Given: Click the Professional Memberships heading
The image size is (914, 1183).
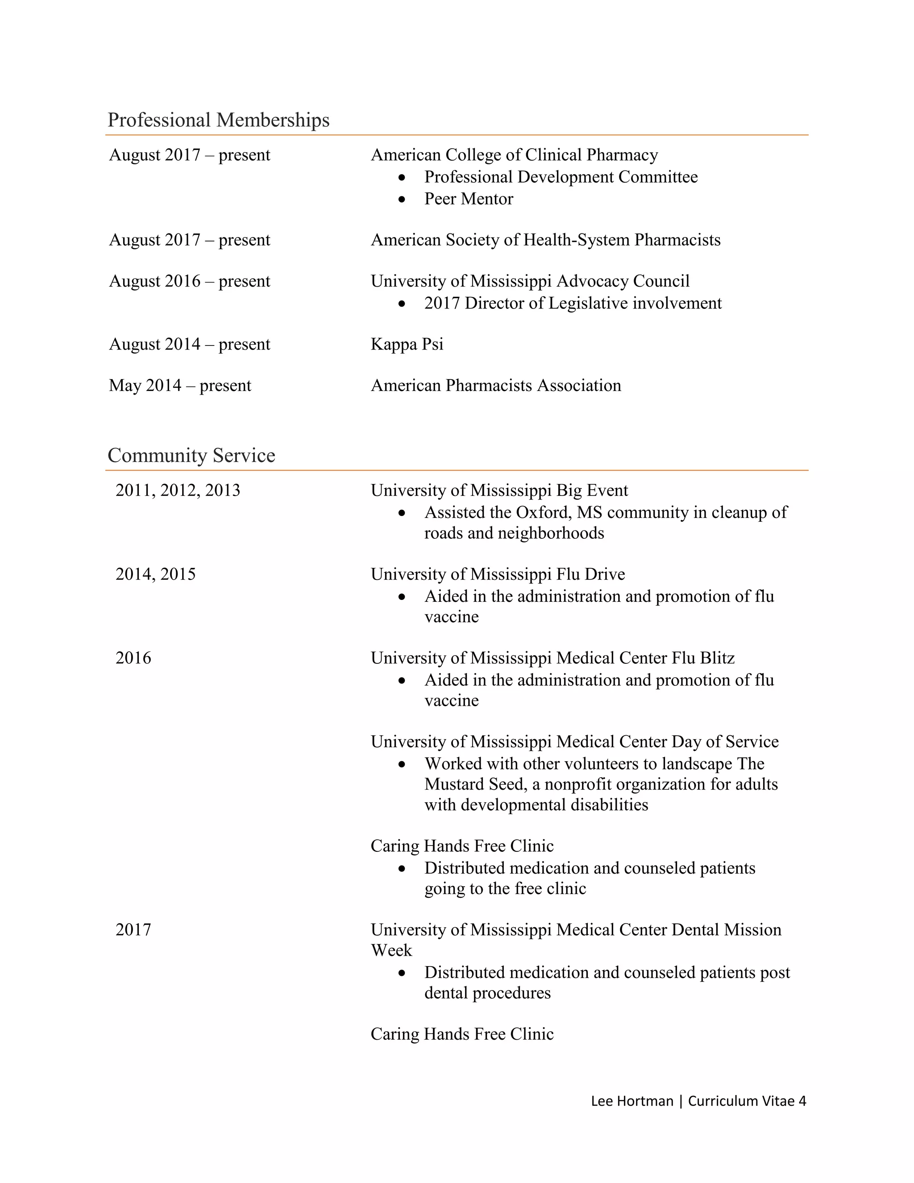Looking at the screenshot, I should [218, 120].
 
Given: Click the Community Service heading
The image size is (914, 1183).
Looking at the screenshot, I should [191, 455].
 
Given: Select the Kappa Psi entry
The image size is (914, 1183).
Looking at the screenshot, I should [407, 344].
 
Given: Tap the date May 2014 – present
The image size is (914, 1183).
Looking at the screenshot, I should [180, 385].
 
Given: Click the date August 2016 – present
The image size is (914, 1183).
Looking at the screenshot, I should [190, 281].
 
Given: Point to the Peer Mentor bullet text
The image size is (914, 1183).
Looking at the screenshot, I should [468, 199].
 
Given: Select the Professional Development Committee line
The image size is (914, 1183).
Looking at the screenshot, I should [561, 177].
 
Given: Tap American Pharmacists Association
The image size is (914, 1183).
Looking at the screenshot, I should [495, 385].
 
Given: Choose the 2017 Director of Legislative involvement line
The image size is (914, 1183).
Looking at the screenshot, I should [572, 303].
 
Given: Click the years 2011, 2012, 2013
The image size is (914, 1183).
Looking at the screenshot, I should [178, 490].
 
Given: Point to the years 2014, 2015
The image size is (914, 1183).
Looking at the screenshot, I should [155, 574].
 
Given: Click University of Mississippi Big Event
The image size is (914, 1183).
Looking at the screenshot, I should [499, 490].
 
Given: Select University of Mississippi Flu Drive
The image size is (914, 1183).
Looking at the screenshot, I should [497, 574].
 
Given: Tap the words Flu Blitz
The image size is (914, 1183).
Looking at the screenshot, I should [703, 658].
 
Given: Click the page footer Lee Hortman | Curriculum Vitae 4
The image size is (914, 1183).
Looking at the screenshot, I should [698, 1101].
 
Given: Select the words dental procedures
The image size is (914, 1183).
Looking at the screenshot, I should [487, 993].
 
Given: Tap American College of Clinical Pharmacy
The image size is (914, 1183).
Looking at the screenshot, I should [514, 155].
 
